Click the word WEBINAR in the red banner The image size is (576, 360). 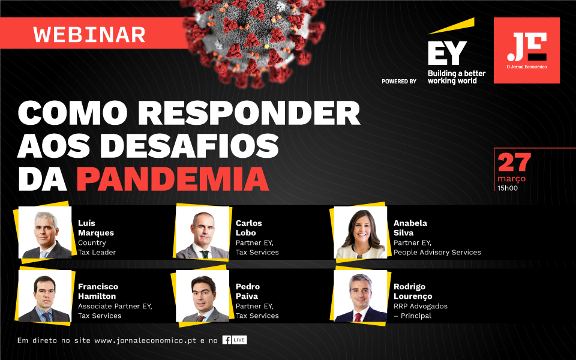click(x=89, y=35)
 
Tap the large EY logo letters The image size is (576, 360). click(x=447, y=53)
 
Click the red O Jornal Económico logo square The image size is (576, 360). click(x=526, y=50)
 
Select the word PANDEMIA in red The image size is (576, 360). click(x=173, y=179)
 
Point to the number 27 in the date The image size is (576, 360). click(x=514, y=163)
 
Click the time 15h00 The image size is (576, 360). click(x=508, y=188)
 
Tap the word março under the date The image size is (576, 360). click(x=511, y=179)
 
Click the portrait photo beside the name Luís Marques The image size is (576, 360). click(x=45, y=232)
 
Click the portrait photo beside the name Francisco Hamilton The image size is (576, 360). click(x=45, y=296)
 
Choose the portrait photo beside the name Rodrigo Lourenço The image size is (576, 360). click(x=361, y=296)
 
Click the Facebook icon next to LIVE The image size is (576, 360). click(x=227, y=340)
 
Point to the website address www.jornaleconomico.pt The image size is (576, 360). click(x=145, y=341)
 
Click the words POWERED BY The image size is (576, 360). click(x=399, y=81)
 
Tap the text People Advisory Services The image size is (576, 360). click(x=437, y=253)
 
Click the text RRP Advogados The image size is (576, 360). click(x=420, y=306)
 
